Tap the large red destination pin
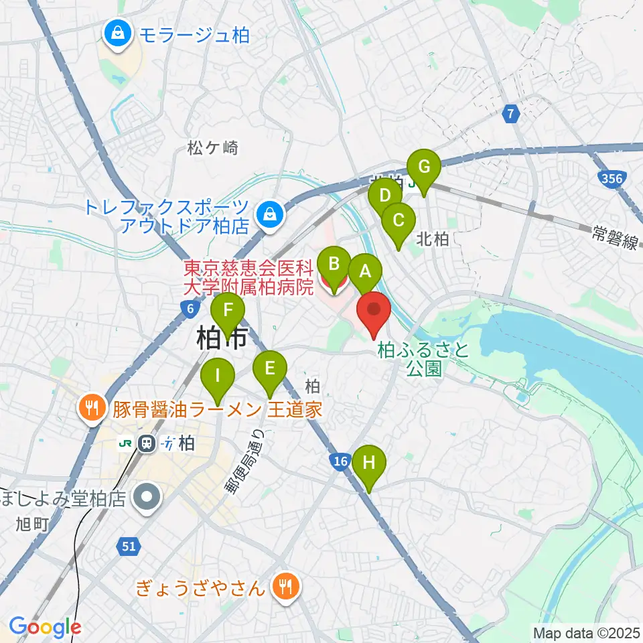coord(373,312)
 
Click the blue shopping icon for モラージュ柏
coord(118,33)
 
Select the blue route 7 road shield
coord(511,115)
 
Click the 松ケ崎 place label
coord(214,148)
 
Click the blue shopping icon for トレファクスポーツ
coord(269,216)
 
